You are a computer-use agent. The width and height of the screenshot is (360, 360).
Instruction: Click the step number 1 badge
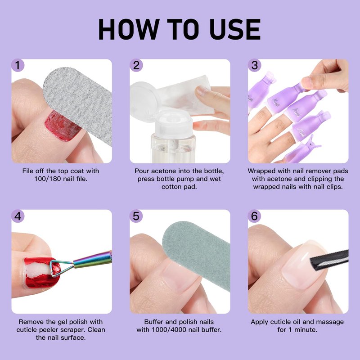coord(18,65)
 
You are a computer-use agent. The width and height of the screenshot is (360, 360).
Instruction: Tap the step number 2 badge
coord(136,65)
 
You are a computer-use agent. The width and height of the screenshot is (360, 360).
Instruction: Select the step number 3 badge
coord(254,65)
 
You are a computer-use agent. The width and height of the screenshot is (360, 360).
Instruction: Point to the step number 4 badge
coord(18,216)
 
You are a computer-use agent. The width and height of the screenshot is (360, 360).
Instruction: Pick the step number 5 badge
coord(136,216)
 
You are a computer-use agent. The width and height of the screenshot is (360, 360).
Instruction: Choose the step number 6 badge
coord(254,216)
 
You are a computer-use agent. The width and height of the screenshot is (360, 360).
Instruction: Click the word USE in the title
coord(235,29)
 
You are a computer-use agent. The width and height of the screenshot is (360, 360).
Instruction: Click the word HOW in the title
coord(129,29)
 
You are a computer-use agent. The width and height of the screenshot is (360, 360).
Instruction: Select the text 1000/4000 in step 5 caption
coord(170,330)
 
